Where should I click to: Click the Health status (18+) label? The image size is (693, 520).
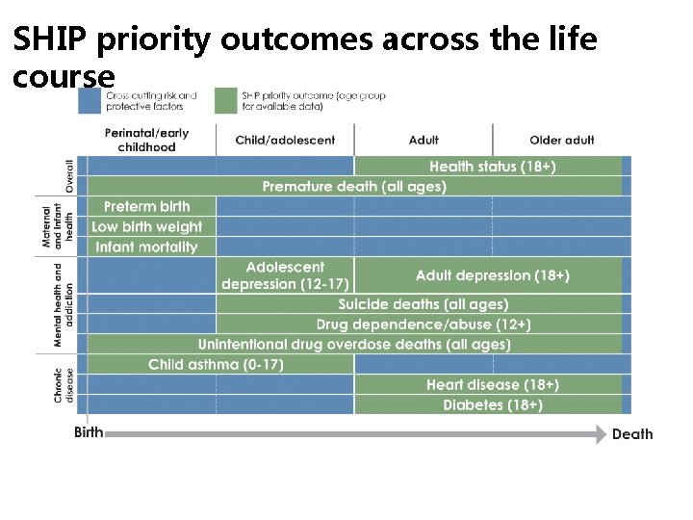click(x=492, y=167)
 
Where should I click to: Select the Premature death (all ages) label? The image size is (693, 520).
click(x=354, y=187)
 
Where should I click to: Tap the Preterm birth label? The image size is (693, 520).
click(x=147, y=207)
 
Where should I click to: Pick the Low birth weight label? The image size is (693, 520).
click(x=147, y=227)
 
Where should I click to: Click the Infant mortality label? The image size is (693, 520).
click(x=147, y=247)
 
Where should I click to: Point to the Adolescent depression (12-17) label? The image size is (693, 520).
click(x=285, y=275)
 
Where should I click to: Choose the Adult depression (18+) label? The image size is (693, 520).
click(x=492, y=275)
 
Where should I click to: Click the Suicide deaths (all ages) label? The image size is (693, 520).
click(x=423, y=304)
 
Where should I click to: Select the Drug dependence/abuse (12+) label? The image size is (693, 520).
click(x=423, y=325)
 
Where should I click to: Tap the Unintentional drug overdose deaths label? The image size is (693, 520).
click(x=354, y=345)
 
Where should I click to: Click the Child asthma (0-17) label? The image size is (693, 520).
click(x=216, y=365)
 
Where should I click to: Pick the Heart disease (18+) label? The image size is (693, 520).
click(x=492, y=385)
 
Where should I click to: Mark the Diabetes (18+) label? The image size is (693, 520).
click(x=492, y=405)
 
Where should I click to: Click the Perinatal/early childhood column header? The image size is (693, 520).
click(x=147, y=140)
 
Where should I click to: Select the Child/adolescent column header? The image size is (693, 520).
click(x=285, y=140)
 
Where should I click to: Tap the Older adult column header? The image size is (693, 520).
click(x=561, y=140)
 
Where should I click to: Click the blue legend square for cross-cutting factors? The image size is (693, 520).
click(x=90, y=101)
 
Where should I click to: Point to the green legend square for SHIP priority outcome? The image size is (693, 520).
click(x=226, y=101)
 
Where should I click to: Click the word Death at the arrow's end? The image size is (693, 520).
click(x=632, y=434)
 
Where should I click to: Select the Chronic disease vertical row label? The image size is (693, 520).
click(x=63, y=384)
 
